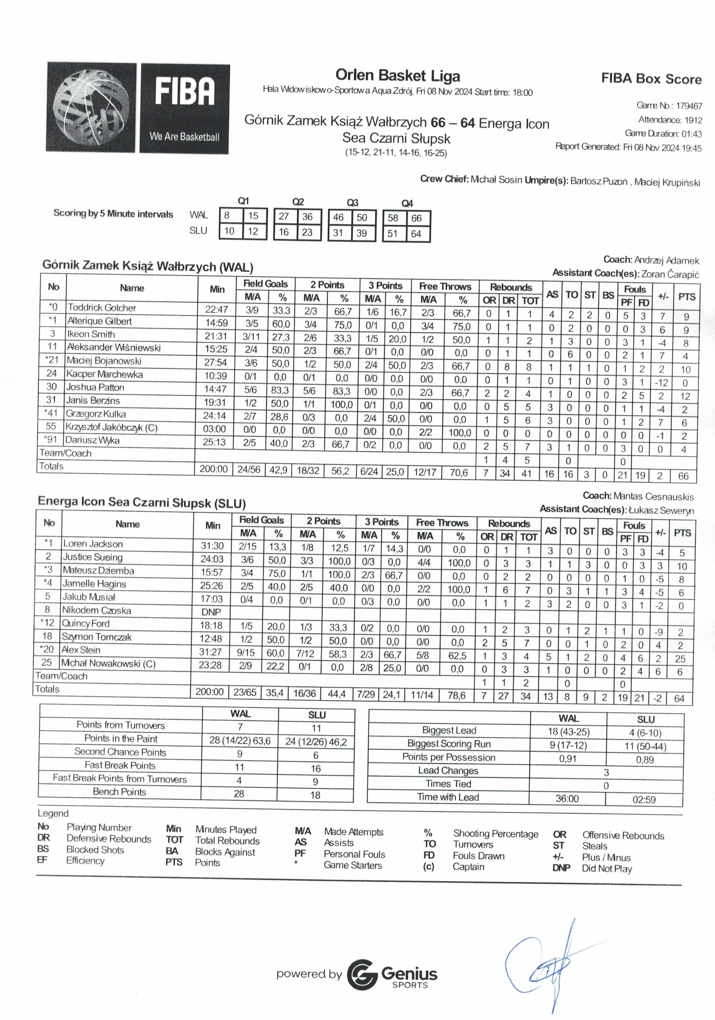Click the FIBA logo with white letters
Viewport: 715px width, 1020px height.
[x=185, y=108]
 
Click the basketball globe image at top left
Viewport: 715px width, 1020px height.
[x=91, y=107]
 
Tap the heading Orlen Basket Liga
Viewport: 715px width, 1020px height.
[x=397, y=75]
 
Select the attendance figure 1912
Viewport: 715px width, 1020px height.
[x=693, y=120]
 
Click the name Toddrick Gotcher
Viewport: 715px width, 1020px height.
[x=102, y=308]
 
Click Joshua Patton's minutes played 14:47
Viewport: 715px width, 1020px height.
[x=215, y=389]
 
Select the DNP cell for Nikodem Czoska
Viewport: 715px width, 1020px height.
[x=211, y=612]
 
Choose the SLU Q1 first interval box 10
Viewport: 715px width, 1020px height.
[x=229, y=231]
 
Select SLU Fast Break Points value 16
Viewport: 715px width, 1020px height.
[x=316, y=768]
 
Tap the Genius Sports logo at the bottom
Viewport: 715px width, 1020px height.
[x=392, y=975]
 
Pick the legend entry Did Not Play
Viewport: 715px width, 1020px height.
[x=607, y=869]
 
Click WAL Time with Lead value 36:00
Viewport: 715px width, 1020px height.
[x=567, y=798]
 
